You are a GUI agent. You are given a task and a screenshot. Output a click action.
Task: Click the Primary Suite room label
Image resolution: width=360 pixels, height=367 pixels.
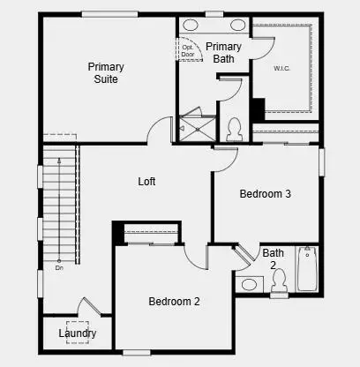105,72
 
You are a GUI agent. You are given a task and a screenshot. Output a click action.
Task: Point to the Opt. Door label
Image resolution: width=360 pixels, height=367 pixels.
188,50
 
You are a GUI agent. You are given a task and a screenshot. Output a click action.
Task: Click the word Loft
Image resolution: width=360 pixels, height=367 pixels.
146,182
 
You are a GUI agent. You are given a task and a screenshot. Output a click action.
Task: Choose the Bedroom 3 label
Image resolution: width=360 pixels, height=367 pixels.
266,194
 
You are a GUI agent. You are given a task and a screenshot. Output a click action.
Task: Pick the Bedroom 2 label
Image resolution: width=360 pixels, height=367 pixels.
174,302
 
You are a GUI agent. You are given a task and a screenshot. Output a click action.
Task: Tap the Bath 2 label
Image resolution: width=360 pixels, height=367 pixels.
273,258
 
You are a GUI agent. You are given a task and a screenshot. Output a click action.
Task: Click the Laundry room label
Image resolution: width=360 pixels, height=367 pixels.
78,333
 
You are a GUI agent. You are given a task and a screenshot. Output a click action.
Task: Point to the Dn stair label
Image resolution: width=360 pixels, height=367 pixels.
59,267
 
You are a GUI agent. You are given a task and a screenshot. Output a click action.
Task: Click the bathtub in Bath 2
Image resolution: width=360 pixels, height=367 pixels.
306,269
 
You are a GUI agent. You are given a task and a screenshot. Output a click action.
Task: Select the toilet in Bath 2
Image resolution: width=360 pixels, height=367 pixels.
279,281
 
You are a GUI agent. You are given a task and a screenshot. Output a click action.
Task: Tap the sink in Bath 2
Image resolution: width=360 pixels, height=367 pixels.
249,284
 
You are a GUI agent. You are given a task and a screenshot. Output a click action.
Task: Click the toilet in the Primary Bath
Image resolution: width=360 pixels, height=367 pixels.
234,130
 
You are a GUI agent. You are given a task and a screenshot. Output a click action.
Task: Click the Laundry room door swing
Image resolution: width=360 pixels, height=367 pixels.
90,309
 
